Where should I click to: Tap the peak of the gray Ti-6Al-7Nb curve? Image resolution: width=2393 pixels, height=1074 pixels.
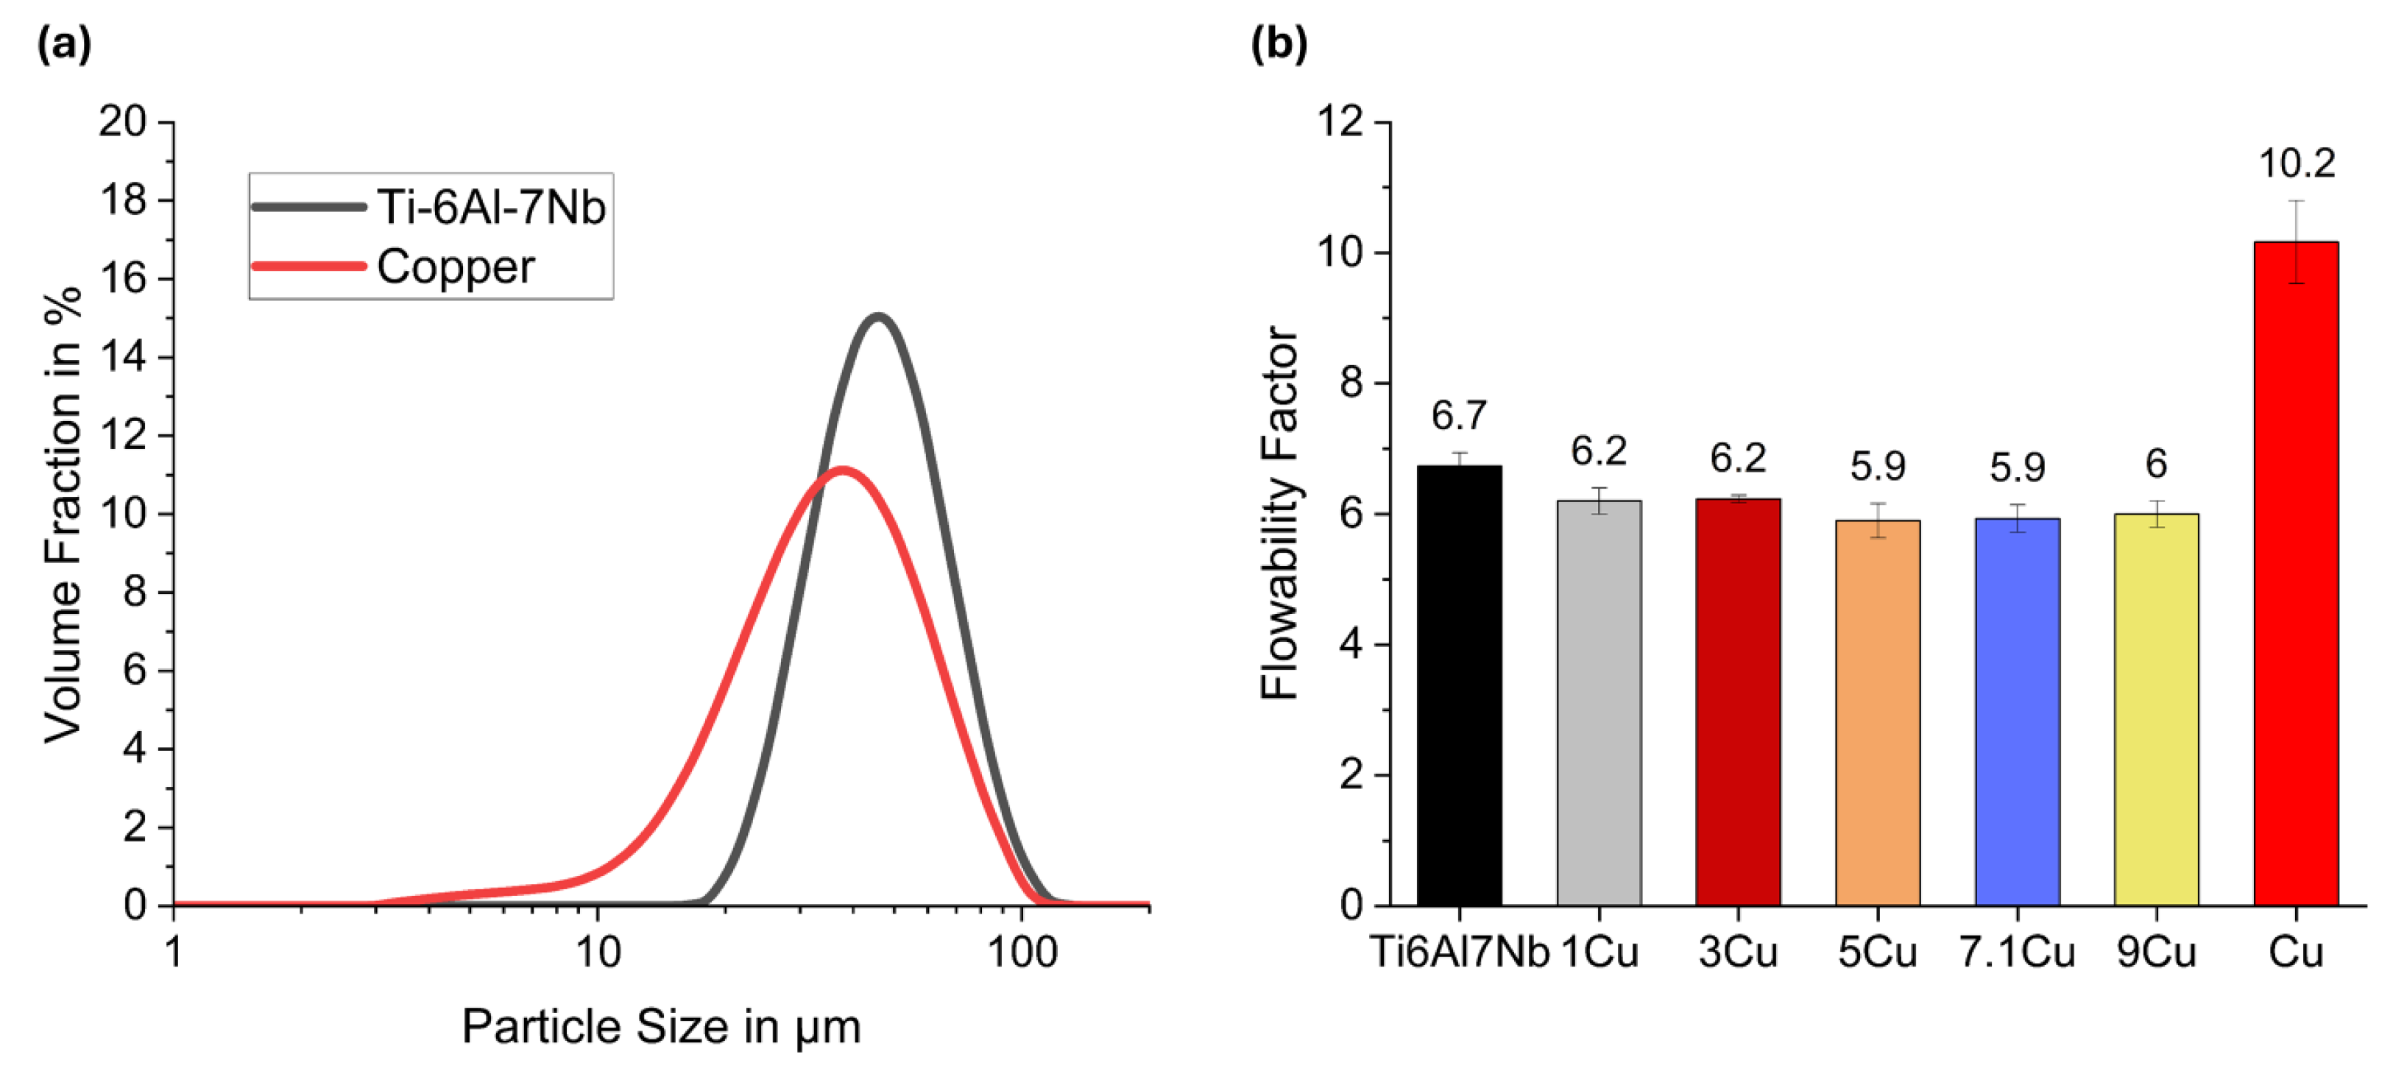[x=878, y=317]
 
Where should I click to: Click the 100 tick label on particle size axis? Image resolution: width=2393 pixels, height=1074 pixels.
[x=1022, y=953]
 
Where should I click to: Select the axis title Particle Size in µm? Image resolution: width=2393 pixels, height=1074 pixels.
[x=662, y=1028]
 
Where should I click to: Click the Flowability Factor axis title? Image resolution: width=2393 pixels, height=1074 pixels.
[x=1280, y=513]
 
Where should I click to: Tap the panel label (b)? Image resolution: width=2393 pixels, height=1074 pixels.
[x=1279, y=43]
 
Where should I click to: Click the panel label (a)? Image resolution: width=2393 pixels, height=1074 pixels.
[x=64, y=43]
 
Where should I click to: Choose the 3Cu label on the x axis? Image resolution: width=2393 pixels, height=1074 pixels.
[x=1737, y=953]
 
